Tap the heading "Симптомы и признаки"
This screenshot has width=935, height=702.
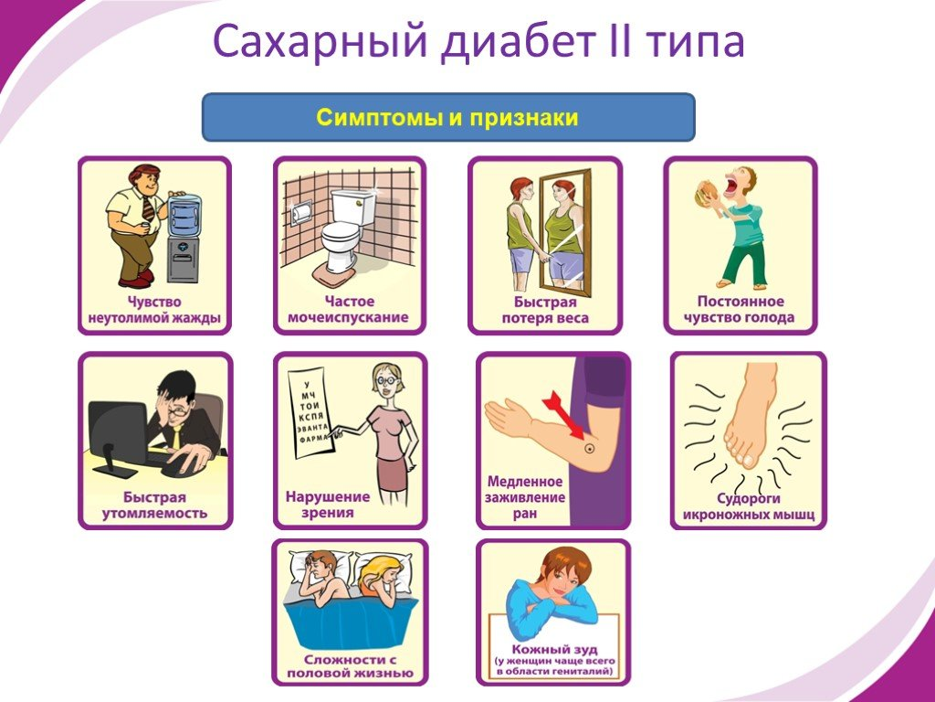click(447, 117)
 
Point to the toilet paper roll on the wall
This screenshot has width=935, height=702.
click(301, 211)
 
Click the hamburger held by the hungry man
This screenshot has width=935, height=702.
click(709, 192)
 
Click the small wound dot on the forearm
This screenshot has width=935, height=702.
click(590, 448)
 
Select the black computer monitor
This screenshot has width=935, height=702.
click(118, 436)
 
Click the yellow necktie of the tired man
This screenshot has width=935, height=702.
click(176, 438)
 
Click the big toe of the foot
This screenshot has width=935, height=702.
click(748, 459)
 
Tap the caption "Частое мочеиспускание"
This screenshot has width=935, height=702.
click(349, 309)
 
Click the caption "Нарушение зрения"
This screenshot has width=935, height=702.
click(328, 505)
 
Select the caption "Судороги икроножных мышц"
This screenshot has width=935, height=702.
click(749, 506)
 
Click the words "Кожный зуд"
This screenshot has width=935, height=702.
click(554, 649)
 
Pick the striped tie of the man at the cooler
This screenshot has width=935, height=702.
click(148, 209)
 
